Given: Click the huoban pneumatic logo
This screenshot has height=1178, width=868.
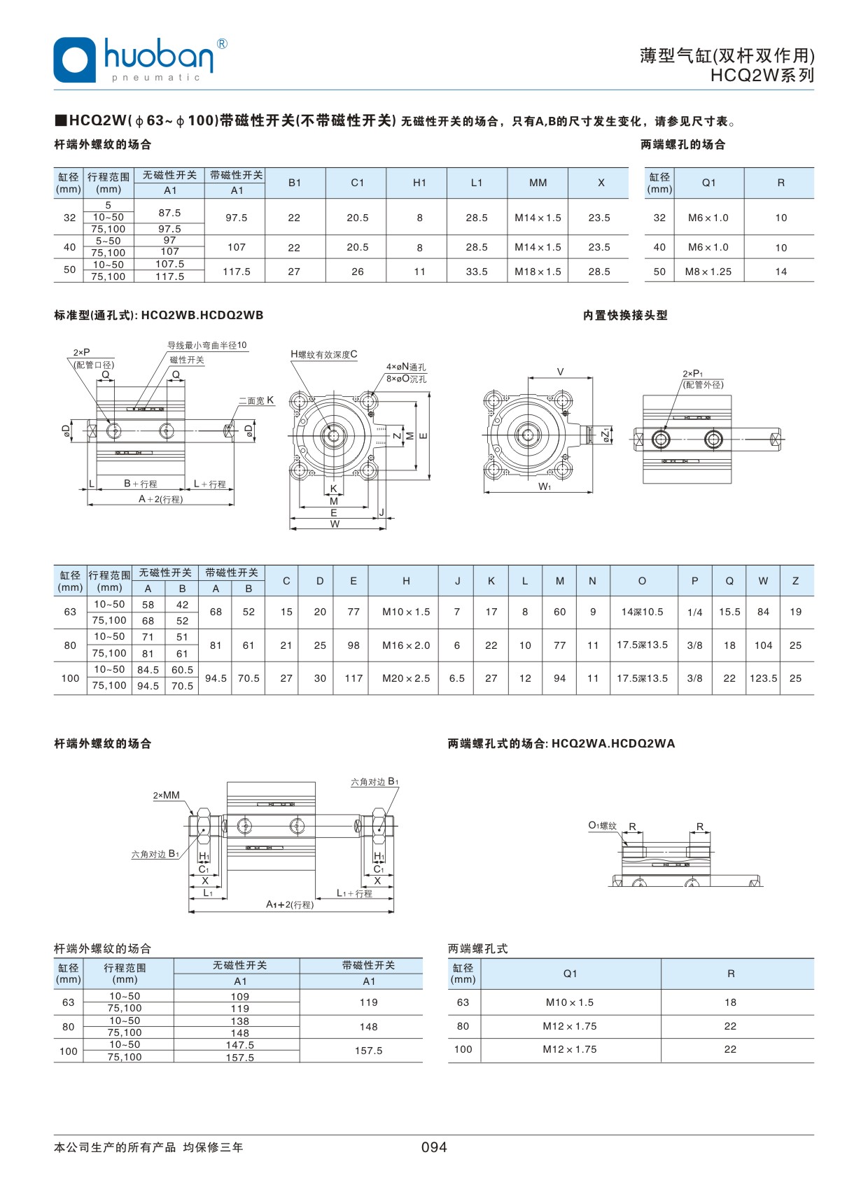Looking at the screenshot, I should pos(140,59).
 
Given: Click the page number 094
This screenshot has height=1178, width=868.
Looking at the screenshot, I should pos(433,1147).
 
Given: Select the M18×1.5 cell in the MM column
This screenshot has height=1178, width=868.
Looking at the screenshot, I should pos(538,272).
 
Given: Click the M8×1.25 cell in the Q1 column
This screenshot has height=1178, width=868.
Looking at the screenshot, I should pos(708,272).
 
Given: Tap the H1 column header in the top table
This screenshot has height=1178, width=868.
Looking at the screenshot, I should pos(419,183).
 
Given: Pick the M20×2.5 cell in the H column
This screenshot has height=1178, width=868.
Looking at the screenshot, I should pos(406,678).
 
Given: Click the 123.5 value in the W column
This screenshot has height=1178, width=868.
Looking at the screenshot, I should pos(763,678).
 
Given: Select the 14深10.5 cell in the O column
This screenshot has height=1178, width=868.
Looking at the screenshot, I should pos(642,612).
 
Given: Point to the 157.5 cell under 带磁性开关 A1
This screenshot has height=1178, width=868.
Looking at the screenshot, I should pos(368,1051).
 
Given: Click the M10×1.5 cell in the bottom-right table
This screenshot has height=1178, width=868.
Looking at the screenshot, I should pos(570,1002).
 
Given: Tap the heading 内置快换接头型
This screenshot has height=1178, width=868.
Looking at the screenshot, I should pos(625,316).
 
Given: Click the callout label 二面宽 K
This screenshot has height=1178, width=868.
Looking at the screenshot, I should pos(256,400).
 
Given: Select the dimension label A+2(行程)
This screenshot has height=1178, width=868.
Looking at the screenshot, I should pos(160,499).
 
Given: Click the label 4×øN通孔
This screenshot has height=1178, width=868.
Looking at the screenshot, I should pos(406,367).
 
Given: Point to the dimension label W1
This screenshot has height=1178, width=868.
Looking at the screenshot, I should pos(545,486).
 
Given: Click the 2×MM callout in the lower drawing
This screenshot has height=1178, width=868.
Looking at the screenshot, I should pos(167,795).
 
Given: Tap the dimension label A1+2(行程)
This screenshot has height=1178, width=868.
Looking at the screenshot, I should pos(290,904).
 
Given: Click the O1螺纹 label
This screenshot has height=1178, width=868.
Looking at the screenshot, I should pos(602,826).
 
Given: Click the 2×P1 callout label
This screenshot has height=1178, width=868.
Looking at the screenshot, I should pos(693,374).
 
